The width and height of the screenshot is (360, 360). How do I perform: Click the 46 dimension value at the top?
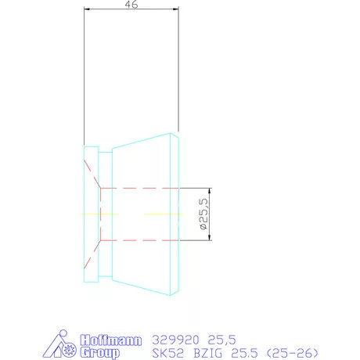point(131,5)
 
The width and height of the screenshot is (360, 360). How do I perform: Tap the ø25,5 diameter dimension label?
point(202,214)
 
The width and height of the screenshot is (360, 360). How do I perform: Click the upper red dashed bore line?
point(141,189)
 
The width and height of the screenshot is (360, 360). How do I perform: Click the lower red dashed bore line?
point(141,239)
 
